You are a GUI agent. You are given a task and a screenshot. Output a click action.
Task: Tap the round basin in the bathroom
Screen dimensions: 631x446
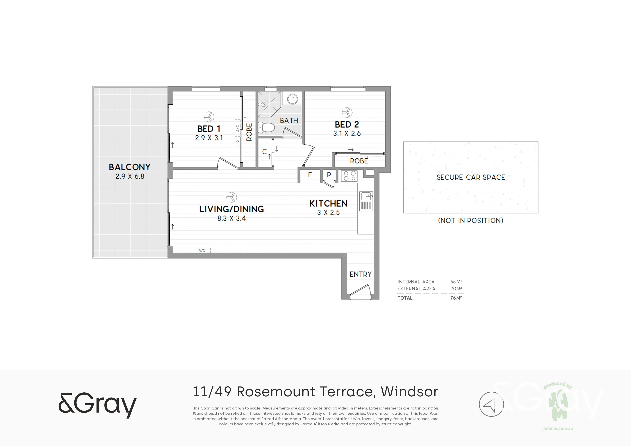292,99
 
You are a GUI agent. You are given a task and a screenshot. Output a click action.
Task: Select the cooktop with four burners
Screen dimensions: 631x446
349,176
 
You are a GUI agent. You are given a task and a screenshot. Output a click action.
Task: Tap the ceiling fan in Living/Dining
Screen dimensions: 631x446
232,197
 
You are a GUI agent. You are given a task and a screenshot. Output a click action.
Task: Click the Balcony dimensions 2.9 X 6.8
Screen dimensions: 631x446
130,176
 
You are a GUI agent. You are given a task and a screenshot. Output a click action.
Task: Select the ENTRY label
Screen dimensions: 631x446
361,274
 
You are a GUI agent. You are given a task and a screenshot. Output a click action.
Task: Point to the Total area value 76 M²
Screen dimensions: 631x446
456,298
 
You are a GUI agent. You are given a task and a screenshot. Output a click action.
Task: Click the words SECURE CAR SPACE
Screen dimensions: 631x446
471,178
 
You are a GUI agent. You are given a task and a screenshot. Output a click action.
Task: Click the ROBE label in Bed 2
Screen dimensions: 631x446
359,161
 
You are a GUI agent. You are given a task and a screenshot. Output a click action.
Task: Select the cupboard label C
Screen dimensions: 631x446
264,151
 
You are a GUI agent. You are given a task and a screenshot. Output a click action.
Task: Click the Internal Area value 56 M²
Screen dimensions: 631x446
456,282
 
